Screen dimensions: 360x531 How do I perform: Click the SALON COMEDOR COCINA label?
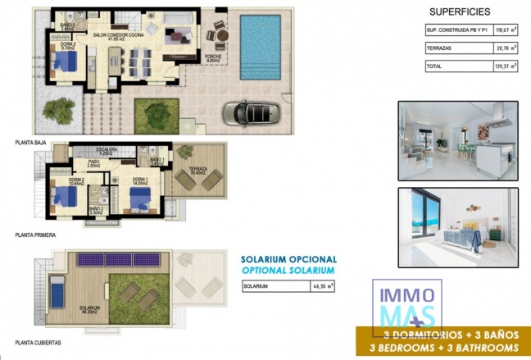tap(120, 35)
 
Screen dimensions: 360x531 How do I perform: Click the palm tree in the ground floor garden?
tap(61, 109)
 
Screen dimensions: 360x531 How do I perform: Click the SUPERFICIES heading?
tap(461, 12)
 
